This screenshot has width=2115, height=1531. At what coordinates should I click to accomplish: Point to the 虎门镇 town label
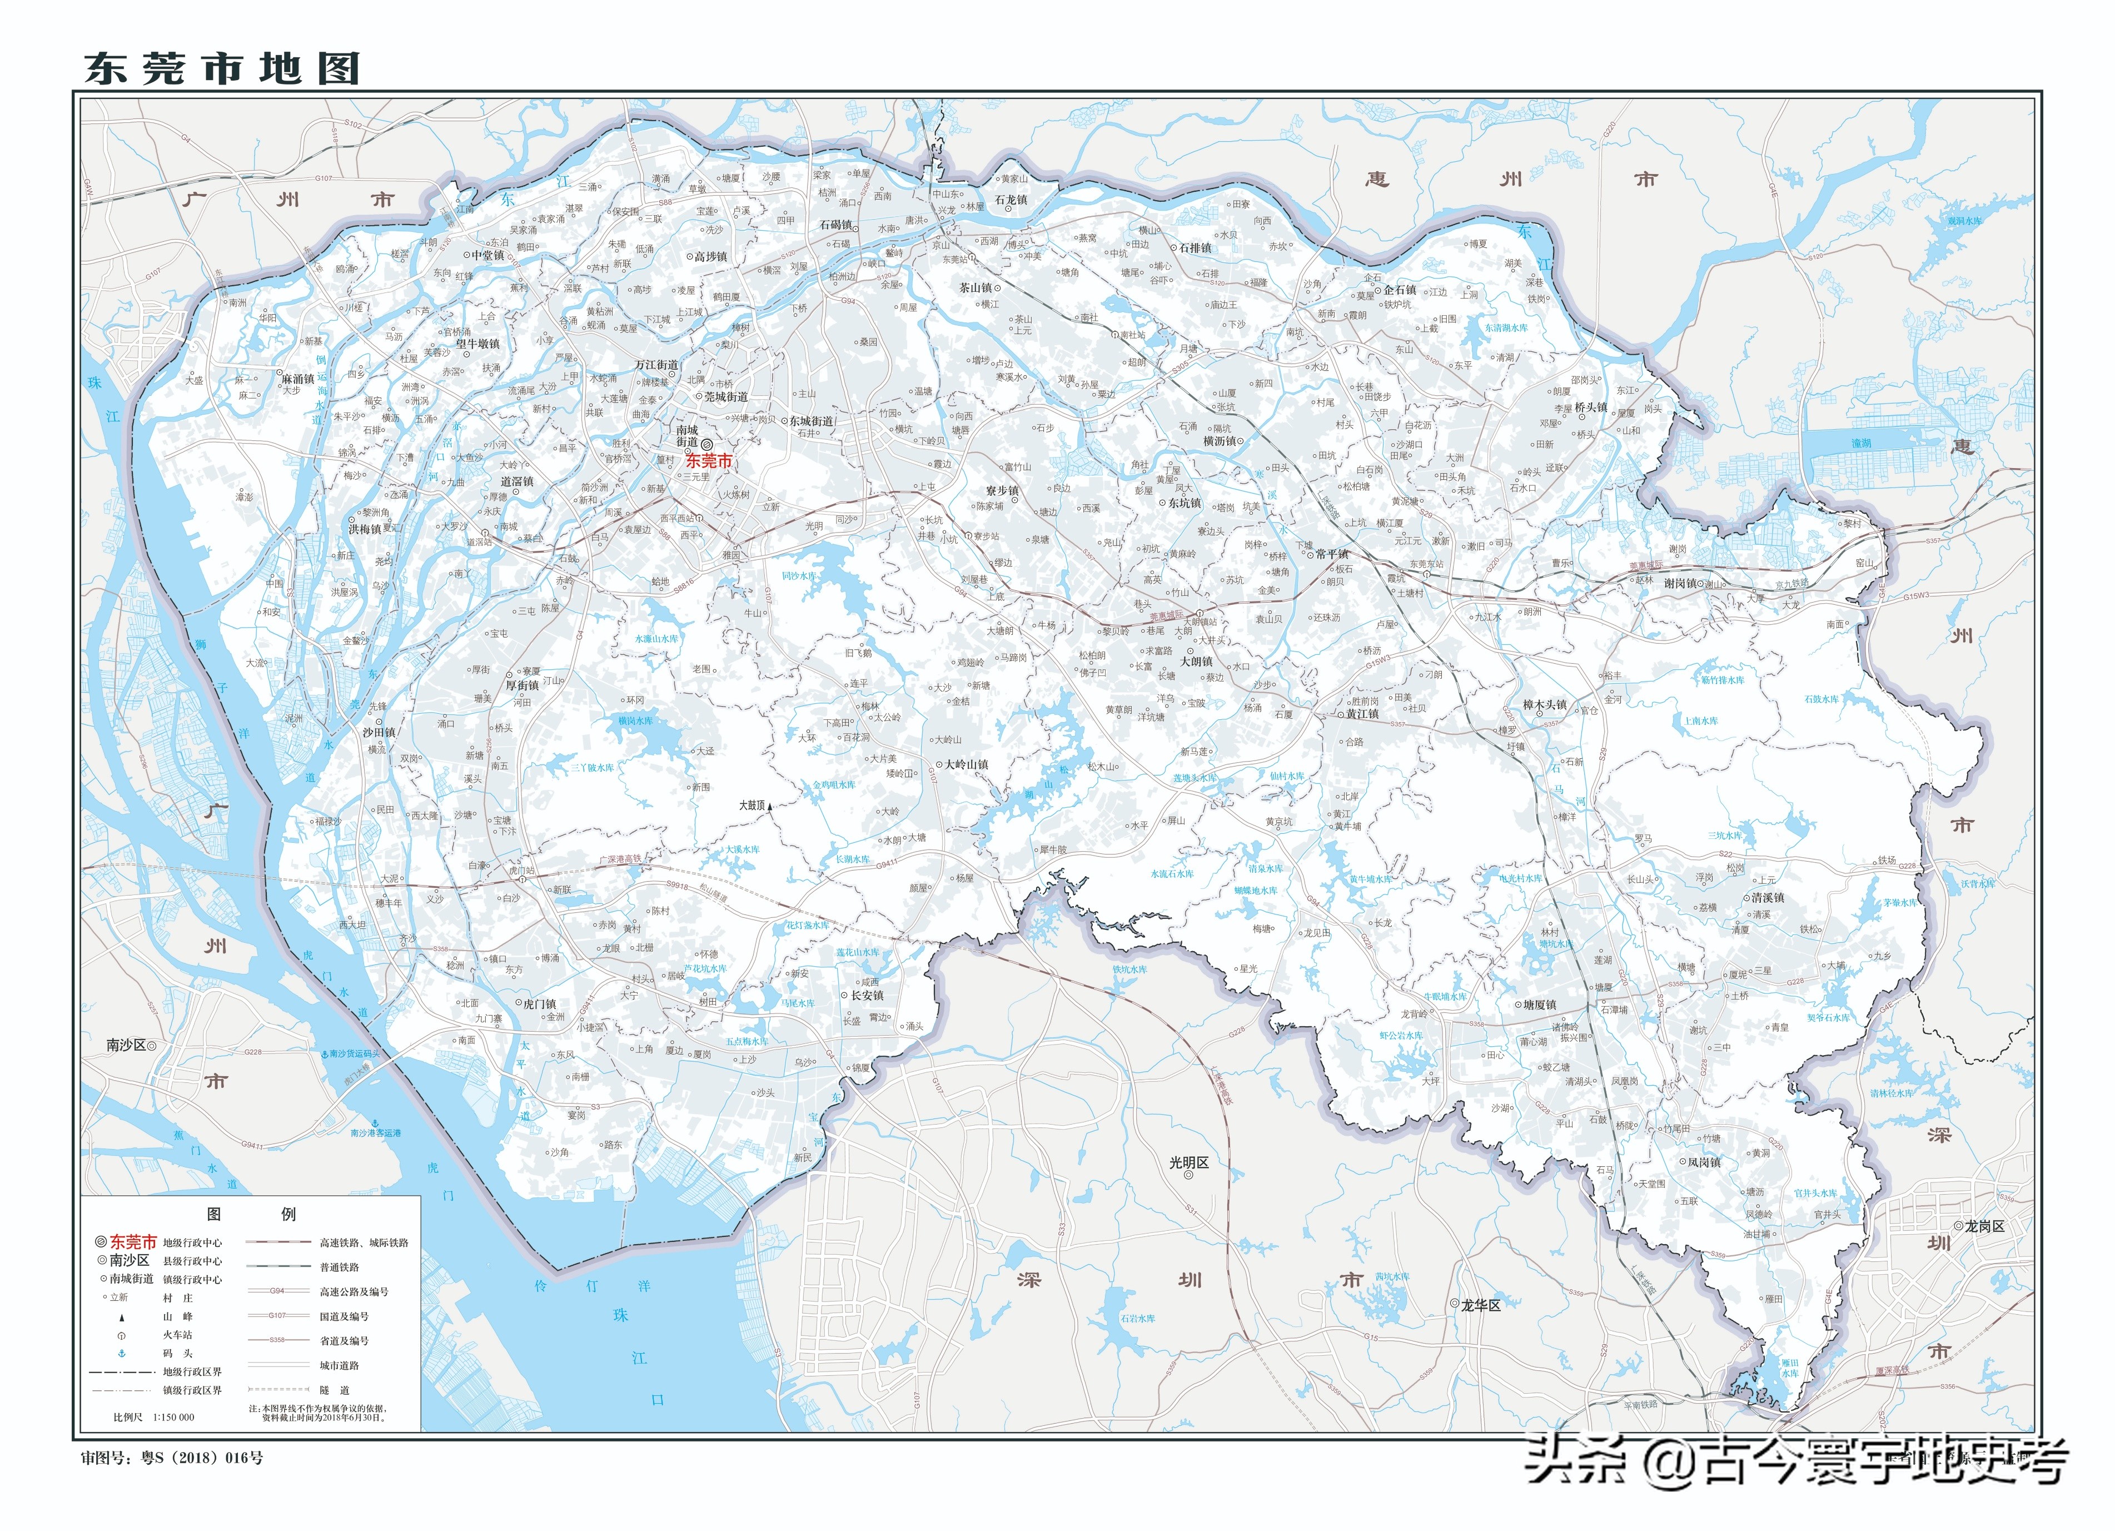pyautogui.click(x=539, y=1004)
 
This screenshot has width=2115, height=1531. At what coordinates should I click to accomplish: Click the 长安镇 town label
pyautogui.click(x=867, y=996)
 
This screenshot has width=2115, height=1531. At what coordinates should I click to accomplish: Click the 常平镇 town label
pyautogui.click(x=1332, y=554)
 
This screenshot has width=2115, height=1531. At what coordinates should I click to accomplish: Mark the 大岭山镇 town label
pyautogui.click(x=966, y=764)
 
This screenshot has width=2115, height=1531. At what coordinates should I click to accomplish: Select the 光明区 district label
pyautogui.click(x=1189, y=1162)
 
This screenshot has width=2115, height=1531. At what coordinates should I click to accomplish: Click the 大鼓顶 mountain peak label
pyautogui.click(x=752, y=804)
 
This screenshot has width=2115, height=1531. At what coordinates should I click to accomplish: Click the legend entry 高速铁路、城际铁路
pyautogui.click(x=364, y=1243)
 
